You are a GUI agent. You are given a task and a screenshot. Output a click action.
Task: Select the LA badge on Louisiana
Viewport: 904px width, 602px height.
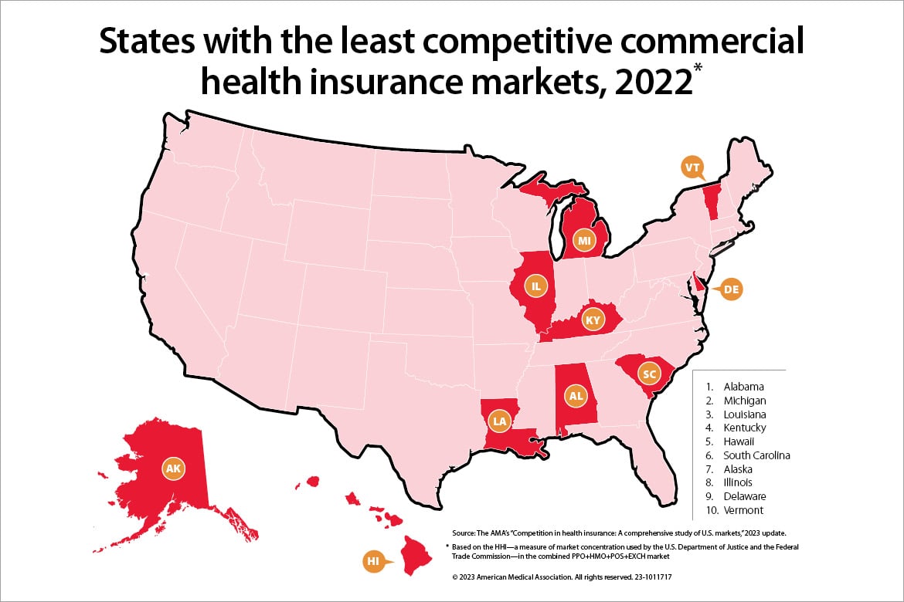pyautogui.click(x=500, y=421)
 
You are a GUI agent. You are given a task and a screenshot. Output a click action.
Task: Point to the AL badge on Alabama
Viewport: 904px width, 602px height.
pyautogui.click(x=575, y=397)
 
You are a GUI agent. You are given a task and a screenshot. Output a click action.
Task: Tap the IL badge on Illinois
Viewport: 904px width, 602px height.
pyautogui.click(x=535, y=286)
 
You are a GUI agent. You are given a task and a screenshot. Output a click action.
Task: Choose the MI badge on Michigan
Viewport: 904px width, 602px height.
pyautogui.click(x=585, y=242)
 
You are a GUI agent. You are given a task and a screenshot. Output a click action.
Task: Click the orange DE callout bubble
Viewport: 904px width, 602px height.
pyautogui.click(x=731, y=290)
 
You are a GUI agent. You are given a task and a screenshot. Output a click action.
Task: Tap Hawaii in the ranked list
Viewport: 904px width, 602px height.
pyautogui.click(x=740, y=441)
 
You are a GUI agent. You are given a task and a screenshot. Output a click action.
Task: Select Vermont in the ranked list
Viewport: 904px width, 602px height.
pyautogui.click(x=743, y=510)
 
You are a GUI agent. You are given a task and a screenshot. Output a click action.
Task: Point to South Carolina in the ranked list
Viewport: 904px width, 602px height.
pyautogui.click(x=756, y=455)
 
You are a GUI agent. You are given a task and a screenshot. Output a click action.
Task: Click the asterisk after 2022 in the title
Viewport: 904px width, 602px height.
pyautogui.click(x=698, y=83)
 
